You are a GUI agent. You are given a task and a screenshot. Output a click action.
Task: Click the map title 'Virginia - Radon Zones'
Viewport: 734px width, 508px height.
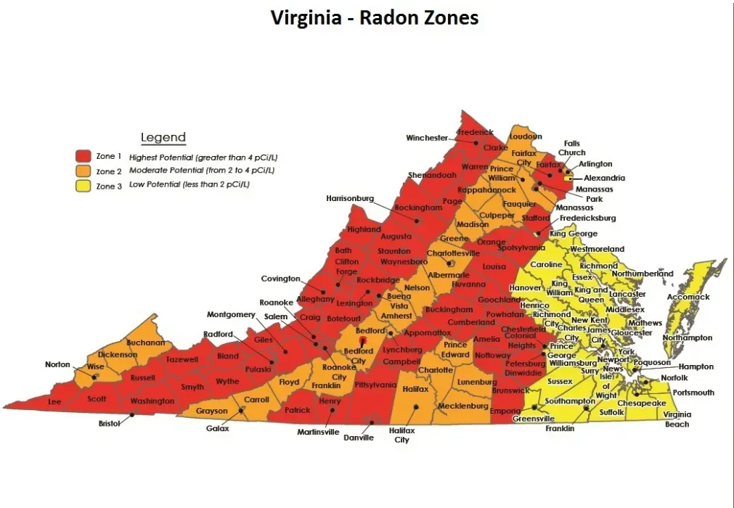tap(375, 17)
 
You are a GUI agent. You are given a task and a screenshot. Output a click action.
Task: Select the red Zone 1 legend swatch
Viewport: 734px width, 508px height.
tap(83, 156)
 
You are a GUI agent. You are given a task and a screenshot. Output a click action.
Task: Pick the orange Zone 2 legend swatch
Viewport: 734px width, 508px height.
tap(83, 171)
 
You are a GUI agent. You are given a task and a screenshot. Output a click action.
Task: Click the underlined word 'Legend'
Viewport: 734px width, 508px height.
tap(163, 137)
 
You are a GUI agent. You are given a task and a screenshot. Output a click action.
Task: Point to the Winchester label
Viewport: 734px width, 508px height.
tap(427, 138)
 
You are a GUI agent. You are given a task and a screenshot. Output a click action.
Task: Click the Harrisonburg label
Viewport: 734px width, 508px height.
tap(349, 198)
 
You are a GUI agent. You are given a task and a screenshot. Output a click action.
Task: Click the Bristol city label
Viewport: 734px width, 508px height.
tap(109, 423)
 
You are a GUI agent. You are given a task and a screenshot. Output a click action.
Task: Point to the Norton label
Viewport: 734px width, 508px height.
tap(57, 364)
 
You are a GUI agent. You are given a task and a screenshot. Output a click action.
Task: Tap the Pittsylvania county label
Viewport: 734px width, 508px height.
tap(375, 385)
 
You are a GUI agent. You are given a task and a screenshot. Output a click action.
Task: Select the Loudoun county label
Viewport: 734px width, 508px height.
tap(526, 136)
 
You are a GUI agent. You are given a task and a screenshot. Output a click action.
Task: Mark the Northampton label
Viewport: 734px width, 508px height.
tap(687, 337)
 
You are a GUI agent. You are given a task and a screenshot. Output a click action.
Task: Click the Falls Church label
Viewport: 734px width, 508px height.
tap(571, 148)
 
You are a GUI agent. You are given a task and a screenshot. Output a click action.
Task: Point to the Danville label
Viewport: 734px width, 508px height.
tap(358, 438)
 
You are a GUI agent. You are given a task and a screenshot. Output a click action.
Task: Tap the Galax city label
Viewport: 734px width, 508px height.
tap(217, 429)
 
